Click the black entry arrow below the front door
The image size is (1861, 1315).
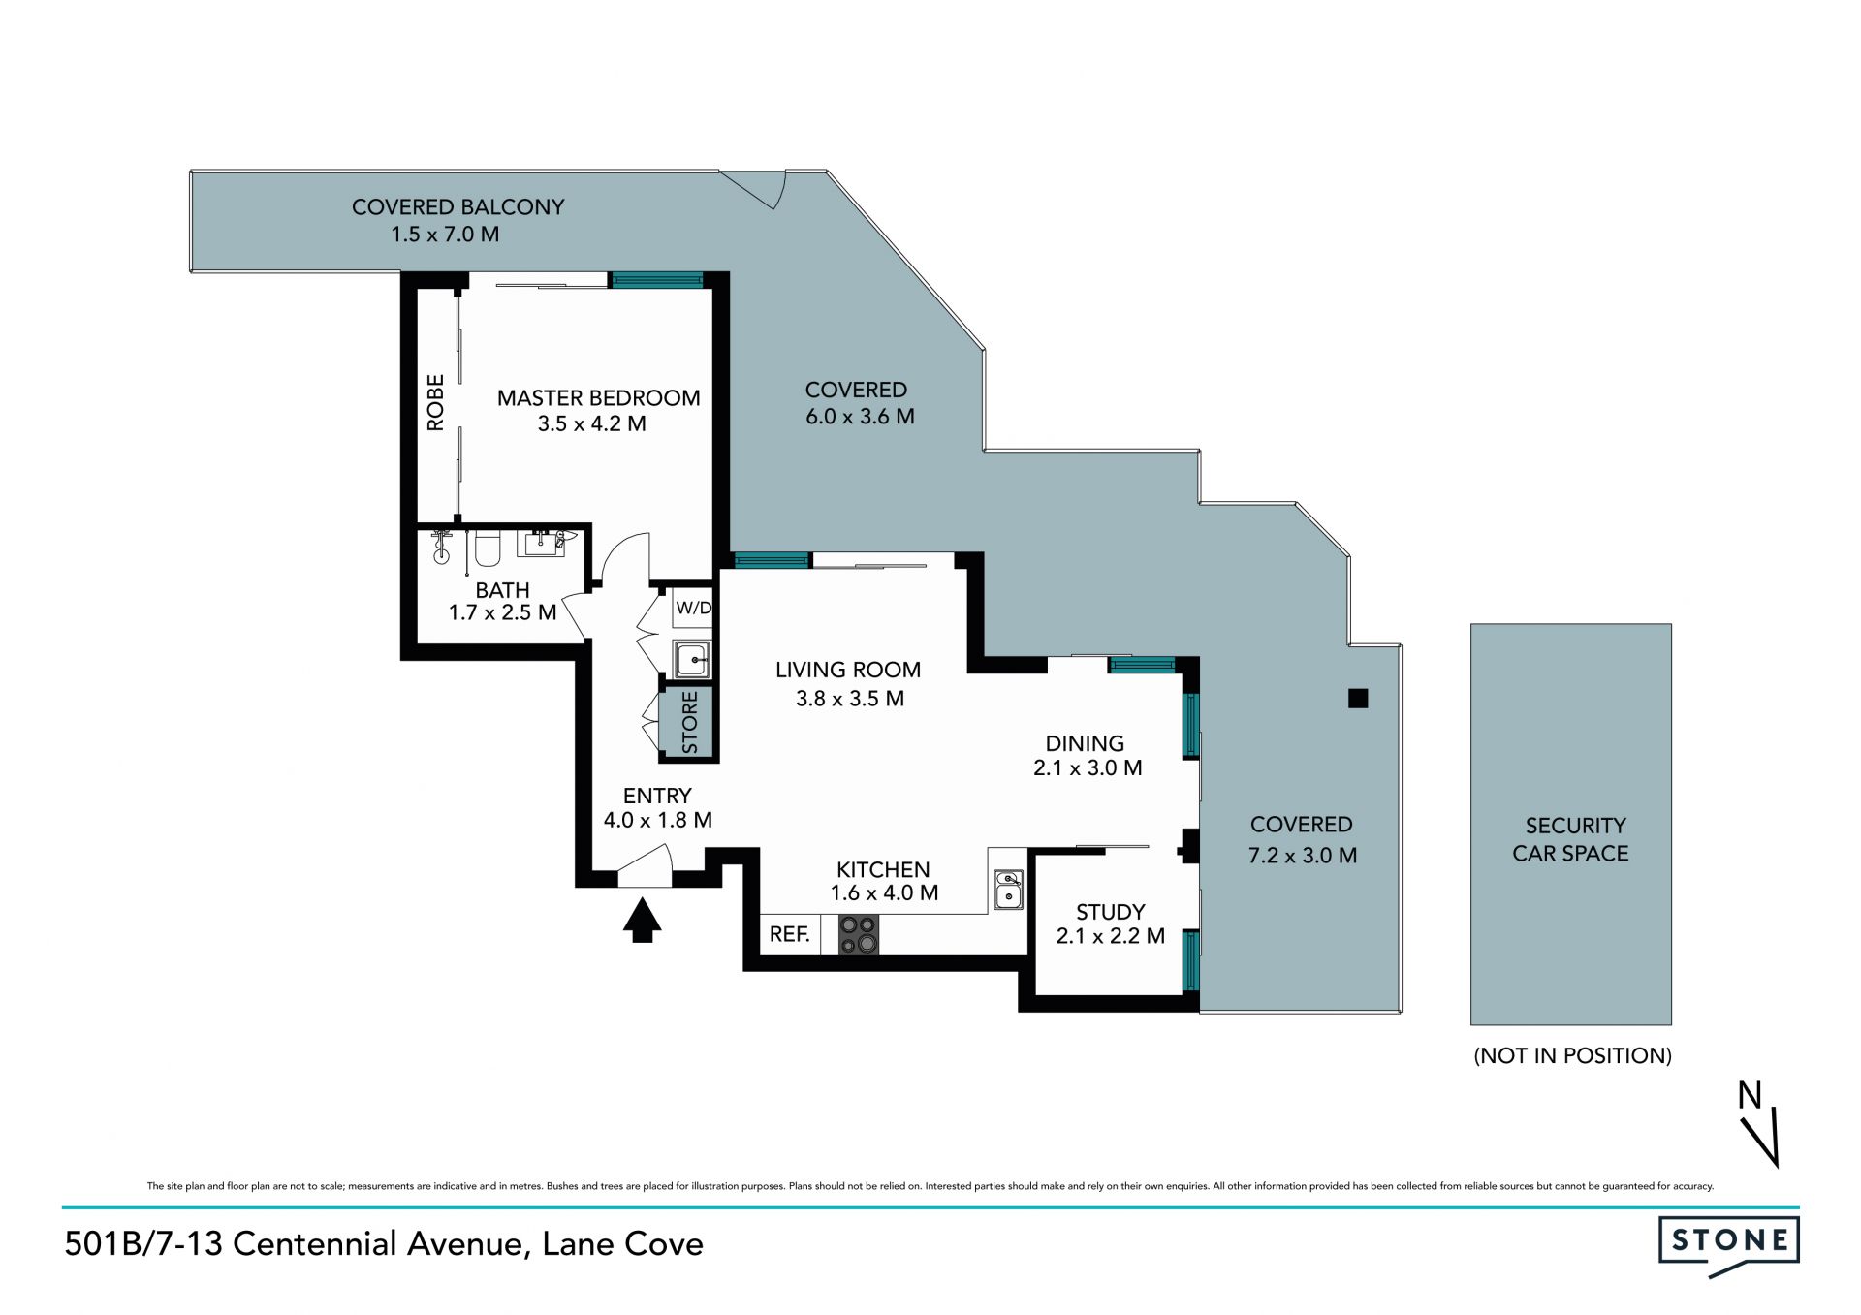pyautogui.click(x=642, y=921)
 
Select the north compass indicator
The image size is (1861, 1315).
pyautogui.click(x=1759, y=1123)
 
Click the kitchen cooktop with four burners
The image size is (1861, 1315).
pyautogui.click(x=859, y=934)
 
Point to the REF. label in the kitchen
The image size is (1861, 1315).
pyautogui.click(x=790, y=934)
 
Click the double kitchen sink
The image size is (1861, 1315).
pyautogui.click(x=1008, y=890)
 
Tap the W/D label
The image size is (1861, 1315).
pyautogui.click(x=694, y=609)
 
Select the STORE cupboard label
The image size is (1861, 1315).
pyautogui.click(x=689, y=722)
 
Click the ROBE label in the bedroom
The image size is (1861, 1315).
pyautogui.click(x=435, y=402)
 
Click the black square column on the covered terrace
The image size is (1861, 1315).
pyautogui.click(x=1358, y=698)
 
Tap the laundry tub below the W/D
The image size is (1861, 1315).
pyautogui.click(x=692, y=660)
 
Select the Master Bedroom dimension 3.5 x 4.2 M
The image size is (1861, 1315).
pyautogui.click(x=592, y=423)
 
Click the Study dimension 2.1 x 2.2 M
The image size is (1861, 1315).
pyautogui.click(x=1111, y=936)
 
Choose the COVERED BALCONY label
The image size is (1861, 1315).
pyautogui.click(x=457, y=206)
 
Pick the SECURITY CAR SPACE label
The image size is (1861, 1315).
pyautogui.click(x=1571, y=839)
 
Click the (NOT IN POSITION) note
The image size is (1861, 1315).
pyautogui.click(x=1572, y=1055)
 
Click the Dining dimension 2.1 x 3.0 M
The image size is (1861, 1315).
pyautogui.click(x=1088, y=768)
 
